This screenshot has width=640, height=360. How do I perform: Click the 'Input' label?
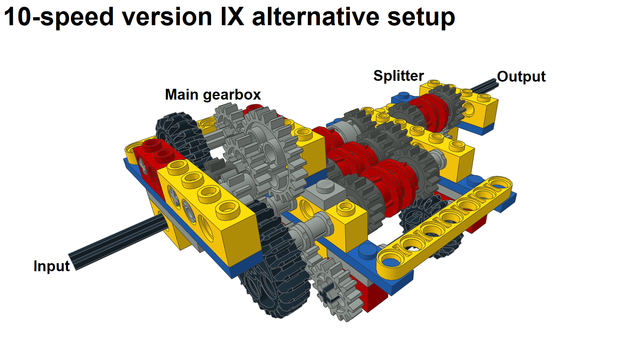[51, 266]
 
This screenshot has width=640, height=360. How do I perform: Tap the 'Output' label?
[521, 76]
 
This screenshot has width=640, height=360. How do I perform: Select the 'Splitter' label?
[398, 76]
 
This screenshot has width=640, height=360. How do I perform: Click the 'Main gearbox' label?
[212, 95]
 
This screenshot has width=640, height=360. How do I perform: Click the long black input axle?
[116, 240]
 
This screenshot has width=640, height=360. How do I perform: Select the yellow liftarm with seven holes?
[444, 226]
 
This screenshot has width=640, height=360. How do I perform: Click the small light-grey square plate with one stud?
[325, 190]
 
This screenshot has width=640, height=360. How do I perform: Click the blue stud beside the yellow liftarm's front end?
[367, 250]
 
